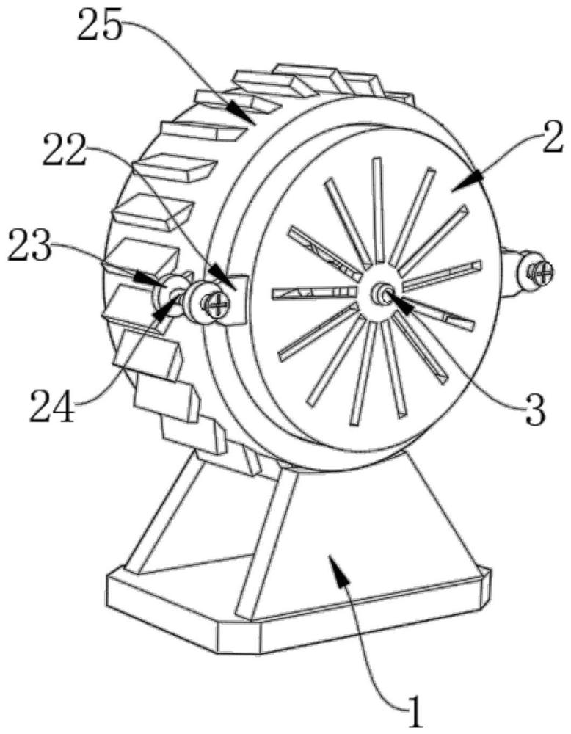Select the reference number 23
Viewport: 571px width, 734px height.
29,246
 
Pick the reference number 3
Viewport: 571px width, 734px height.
534,409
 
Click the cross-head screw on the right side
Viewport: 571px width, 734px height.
540,270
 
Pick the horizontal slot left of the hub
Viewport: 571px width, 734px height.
315,293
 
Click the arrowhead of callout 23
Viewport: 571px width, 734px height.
149,277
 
